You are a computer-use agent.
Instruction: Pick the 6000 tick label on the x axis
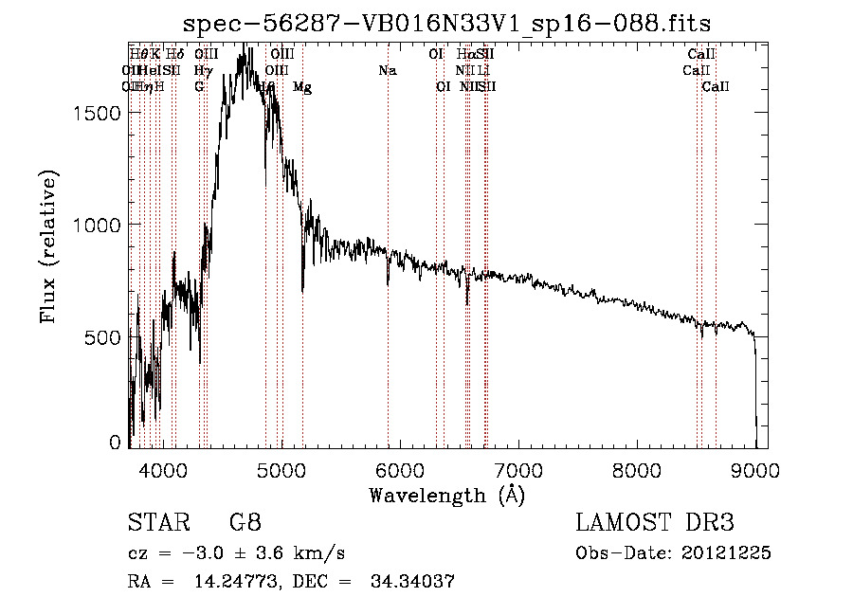point(399,469)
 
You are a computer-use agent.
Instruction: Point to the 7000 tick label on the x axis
point(517,469)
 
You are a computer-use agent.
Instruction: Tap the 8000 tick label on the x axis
point(636,469)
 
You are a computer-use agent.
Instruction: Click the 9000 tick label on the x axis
point(754,469)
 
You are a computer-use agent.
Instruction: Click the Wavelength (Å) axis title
point(446,495)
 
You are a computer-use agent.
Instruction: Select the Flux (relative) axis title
point(49,246)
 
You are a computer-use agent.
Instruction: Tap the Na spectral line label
point(387,70)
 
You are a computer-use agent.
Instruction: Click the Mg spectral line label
point(302,87)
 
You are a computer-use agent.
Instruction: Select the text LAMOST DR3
point(655,523)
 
